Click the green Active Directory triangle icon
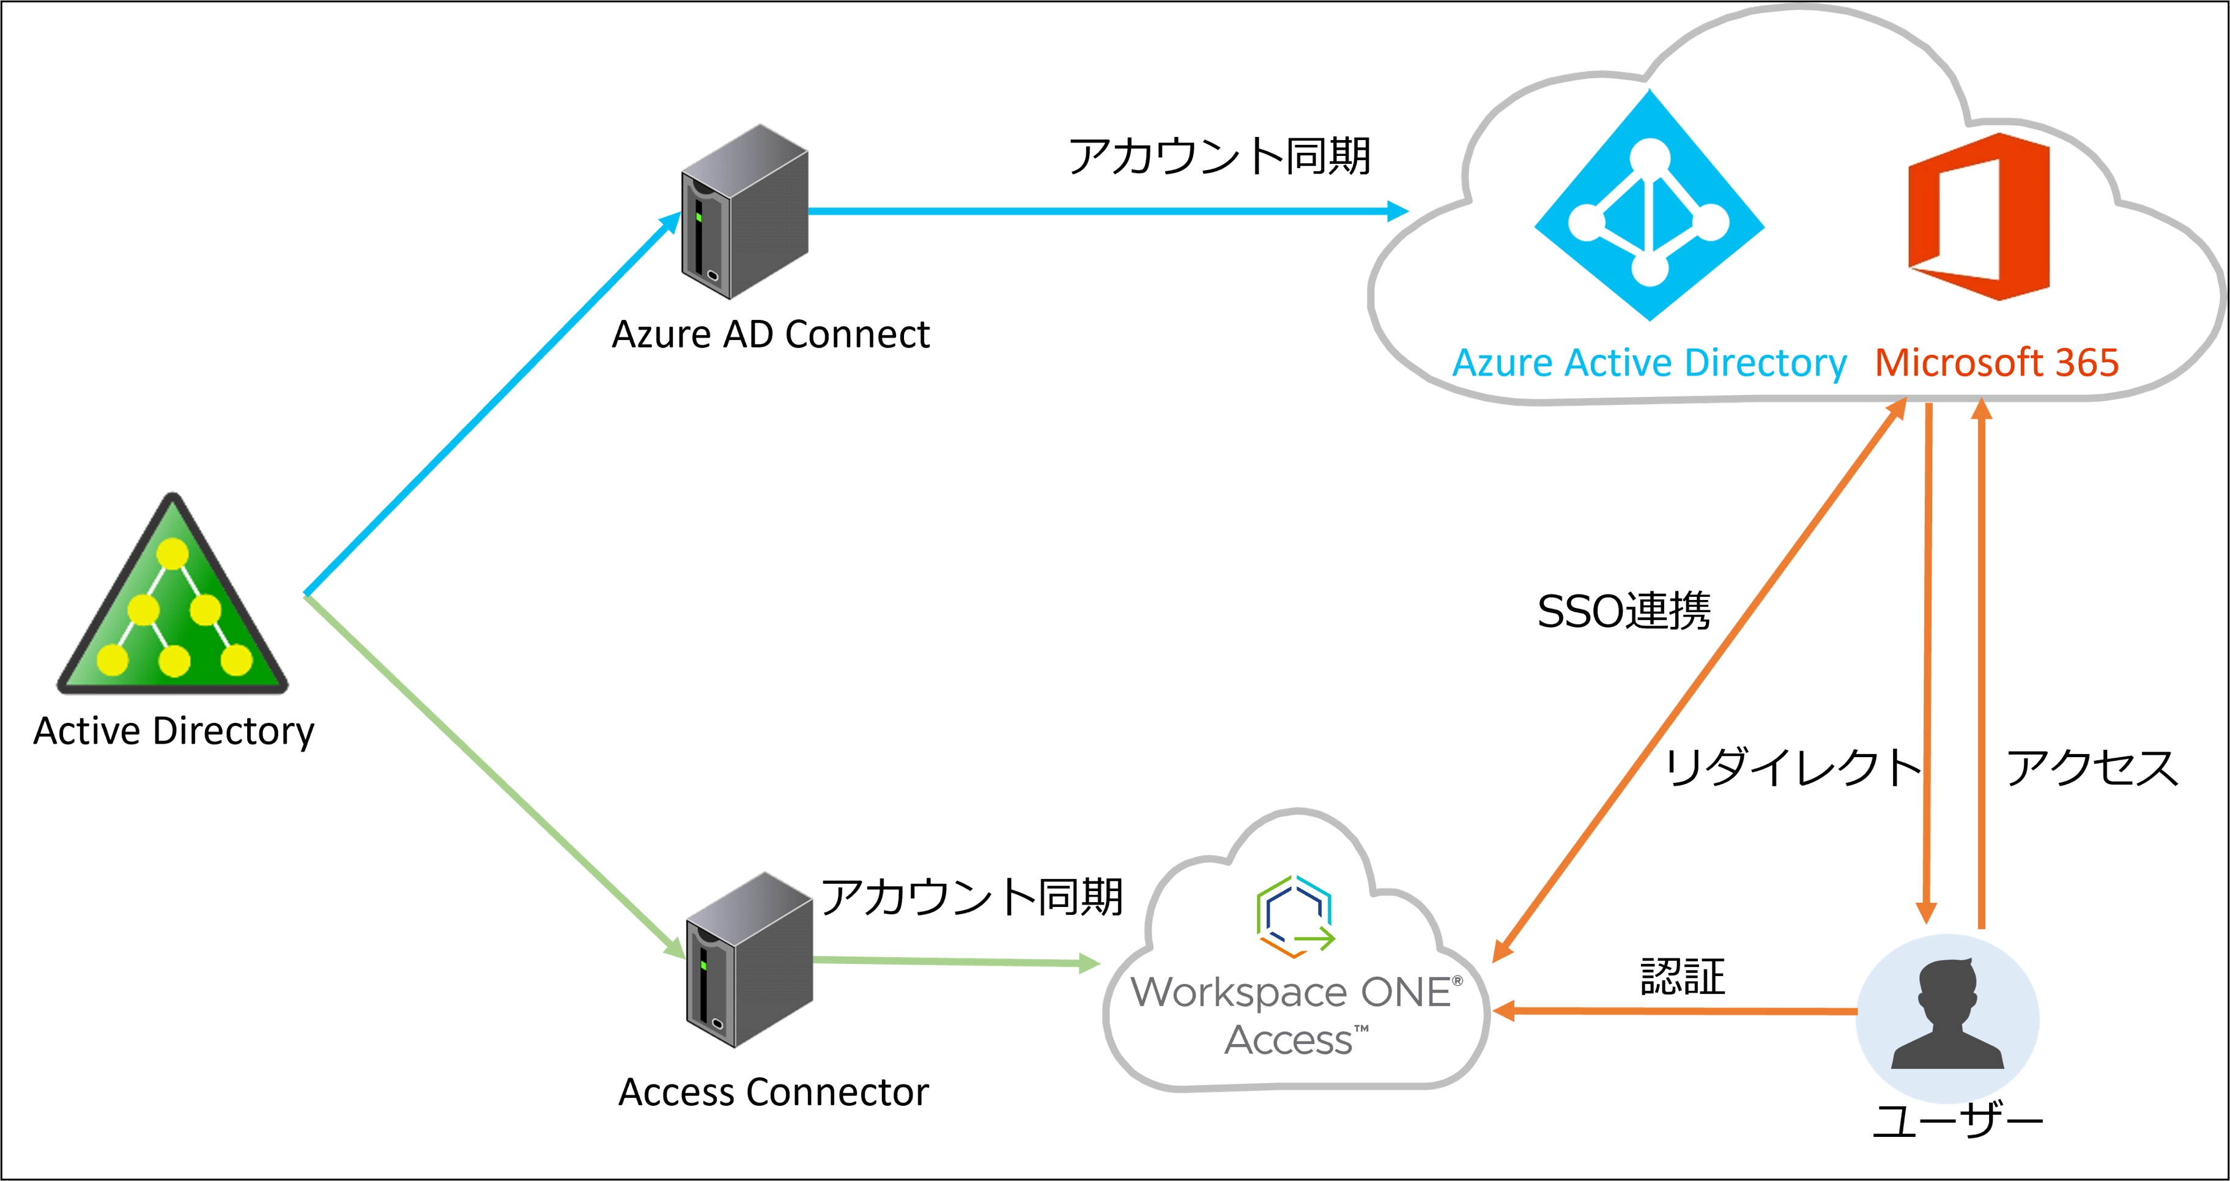tap(172, 606)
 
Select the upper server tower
tap(744, 212)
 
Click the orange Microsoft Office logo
tap(1980, 217)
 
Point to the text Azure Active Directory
tap(1649, 363)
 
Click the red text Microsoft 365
tap(1996, 363)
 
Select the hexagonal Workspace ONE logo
tap(1295, 916)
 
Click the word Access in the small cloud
tap(1290, 1040)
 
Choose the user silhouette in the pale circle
tap(1948, 1017)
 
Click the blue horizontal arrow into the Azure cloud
tap(1108, 210)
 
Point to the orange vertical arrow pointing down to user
tap(1928, 667)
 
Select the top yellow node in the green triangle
tap(172, 553)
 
